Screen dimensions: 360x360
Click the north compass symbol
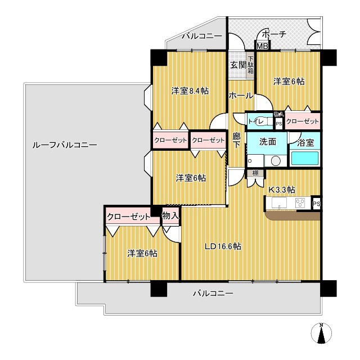point(321,334)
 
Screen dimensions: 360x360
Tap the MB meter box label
point(262,46)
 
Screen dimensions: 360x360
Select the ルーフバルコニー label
point(65,145)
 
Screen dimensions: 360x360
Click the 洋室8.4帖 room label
point(190,91)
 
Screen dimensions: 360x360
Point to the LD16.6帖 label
point(223,246)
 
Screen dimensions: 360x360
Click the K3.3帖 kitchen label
point(282,190)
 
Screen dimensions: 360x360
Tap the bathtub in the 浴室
point(304,158)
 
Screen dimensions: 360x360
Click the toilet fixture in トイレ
point(261,121)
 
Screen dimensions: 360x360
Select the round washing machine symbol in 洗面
point(276,161)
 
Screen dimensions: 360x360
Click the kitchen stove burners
point(300,202)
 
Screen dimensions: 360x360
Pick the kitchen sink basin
point(279,202)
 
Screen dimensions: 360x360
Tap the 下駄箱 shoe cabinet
point(250,65)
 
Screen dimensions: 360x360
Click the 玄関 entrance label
point(238,65)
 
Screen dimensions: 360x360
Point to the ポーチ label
point(274,34)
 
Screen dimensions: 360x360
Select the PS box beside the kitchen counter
point(316,203)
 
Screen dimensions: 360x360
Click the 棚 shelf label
point(255,173)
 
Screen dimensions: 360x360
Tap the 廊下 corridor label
point(236,141)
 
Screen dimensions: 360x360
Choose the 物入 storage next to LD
point(170,215)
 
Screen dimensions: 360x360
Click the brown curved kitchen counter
point(292,216)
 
